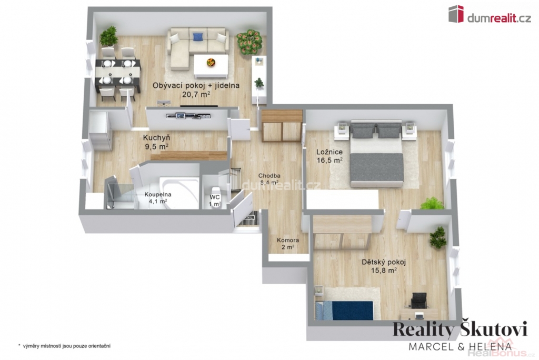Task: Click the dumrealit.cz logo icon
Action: pyautogui.click(x=456, y=14)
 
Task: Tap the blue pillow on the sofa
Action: pyautogui.click(x=197, y=36)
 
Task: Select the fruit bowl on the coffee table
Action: pyautogui.click(x=211, y=63)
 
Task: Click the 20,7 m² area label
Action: pyautogui.click(x=196, y=94)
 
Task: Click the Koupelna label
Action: pyautogui.click(x=158, y=195)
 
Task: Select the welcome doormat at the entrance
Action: pyautogui.click(x=247, y=219)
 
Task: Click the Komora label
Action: pyautogui.click(x=288, y=241)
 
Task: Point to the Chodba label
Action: pyautogui.click(x=269, y=176)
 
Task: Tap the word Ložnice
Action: pyautogui.click(x=330, y=152)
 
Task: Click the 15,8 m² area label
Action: pyautogui.click(x=384, y=270)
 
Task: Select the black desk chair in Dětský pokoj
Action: pyautogui.click(x=418, y=301)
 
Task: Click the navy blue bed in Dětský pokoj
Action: pyautogui.click(x=344, y=310)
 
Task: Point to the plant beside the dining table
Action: pyautogui.click(x=108, y=36)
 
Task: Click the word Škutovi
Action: pyautogui.click(x=493, y=329)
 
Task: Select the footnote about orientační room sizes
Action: pyautogui.click(x=64, y=346)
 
